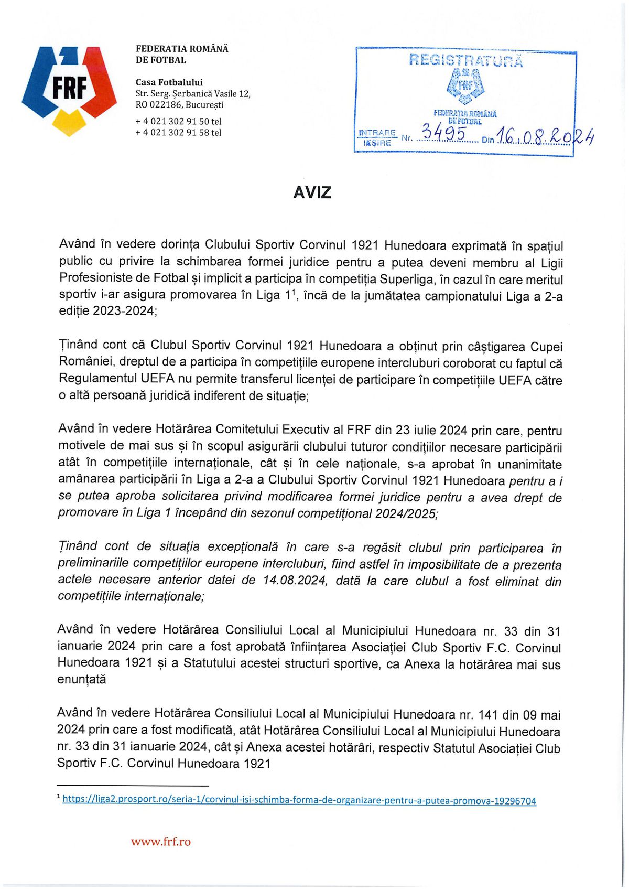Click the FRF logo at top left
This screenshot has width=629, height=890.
coord(70,90)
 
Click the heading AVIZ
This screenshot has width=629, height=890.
coord(312,192)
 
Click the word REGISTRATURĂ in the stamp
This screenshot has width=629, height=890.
coord(465,60)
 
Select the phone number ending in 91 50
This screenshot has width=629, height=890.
coord(178,121)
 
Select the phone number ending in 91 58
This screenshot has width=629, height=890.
coord(178,133)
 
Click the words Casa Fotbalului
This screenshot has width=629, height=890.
coord(169,82)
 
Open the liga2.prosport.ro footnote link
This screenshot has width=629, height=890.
coord(299,800)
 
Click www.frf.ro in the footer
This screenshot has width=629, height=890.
coord(161,842)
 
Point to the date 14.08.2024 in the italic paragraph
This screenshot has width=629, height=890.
coord(295,581)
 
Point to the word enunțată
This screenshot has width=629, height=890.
coord(82,680)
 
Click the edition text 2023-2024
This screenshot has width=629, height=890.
coord(124,311)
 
